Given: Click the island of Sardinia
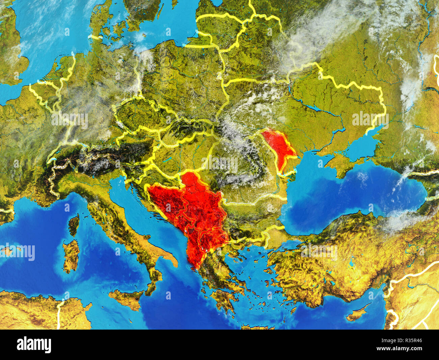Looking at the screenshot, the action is pos(71,255).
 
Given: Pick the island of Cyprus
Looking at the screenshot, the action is pos(358,313).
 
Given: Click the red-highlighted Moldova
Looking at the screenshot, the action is pos(279,145).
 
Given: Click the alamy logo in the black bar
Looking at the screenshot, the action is pos(34,345).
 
